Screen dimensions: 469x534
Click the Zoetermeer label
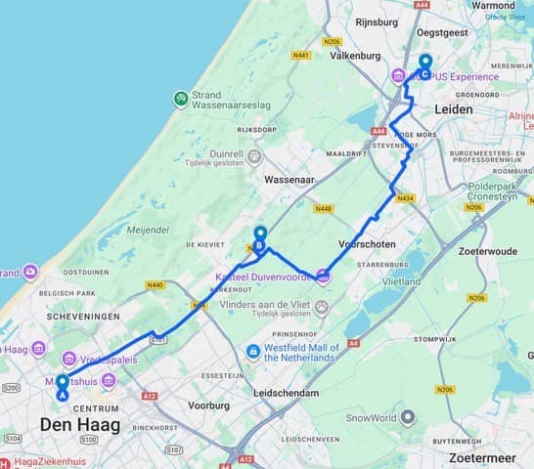[x=483, y=456]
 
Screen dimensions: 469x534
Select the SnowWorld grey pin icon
[x=407, y=416]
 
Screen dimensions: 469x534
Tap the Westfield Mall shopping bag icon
[x=254, y=351]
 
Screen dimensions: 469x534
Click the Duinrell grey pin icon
[x=255, y=156]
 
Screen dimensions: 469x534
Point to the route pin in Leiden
[x=424, y=66]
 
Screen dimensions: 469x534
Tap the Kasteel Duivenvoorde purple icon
[x=324, y=277]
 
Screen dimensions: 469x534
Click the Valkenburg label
[x=355, y=56]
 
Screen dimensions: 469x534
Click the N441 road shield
[x=300, y=55]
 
